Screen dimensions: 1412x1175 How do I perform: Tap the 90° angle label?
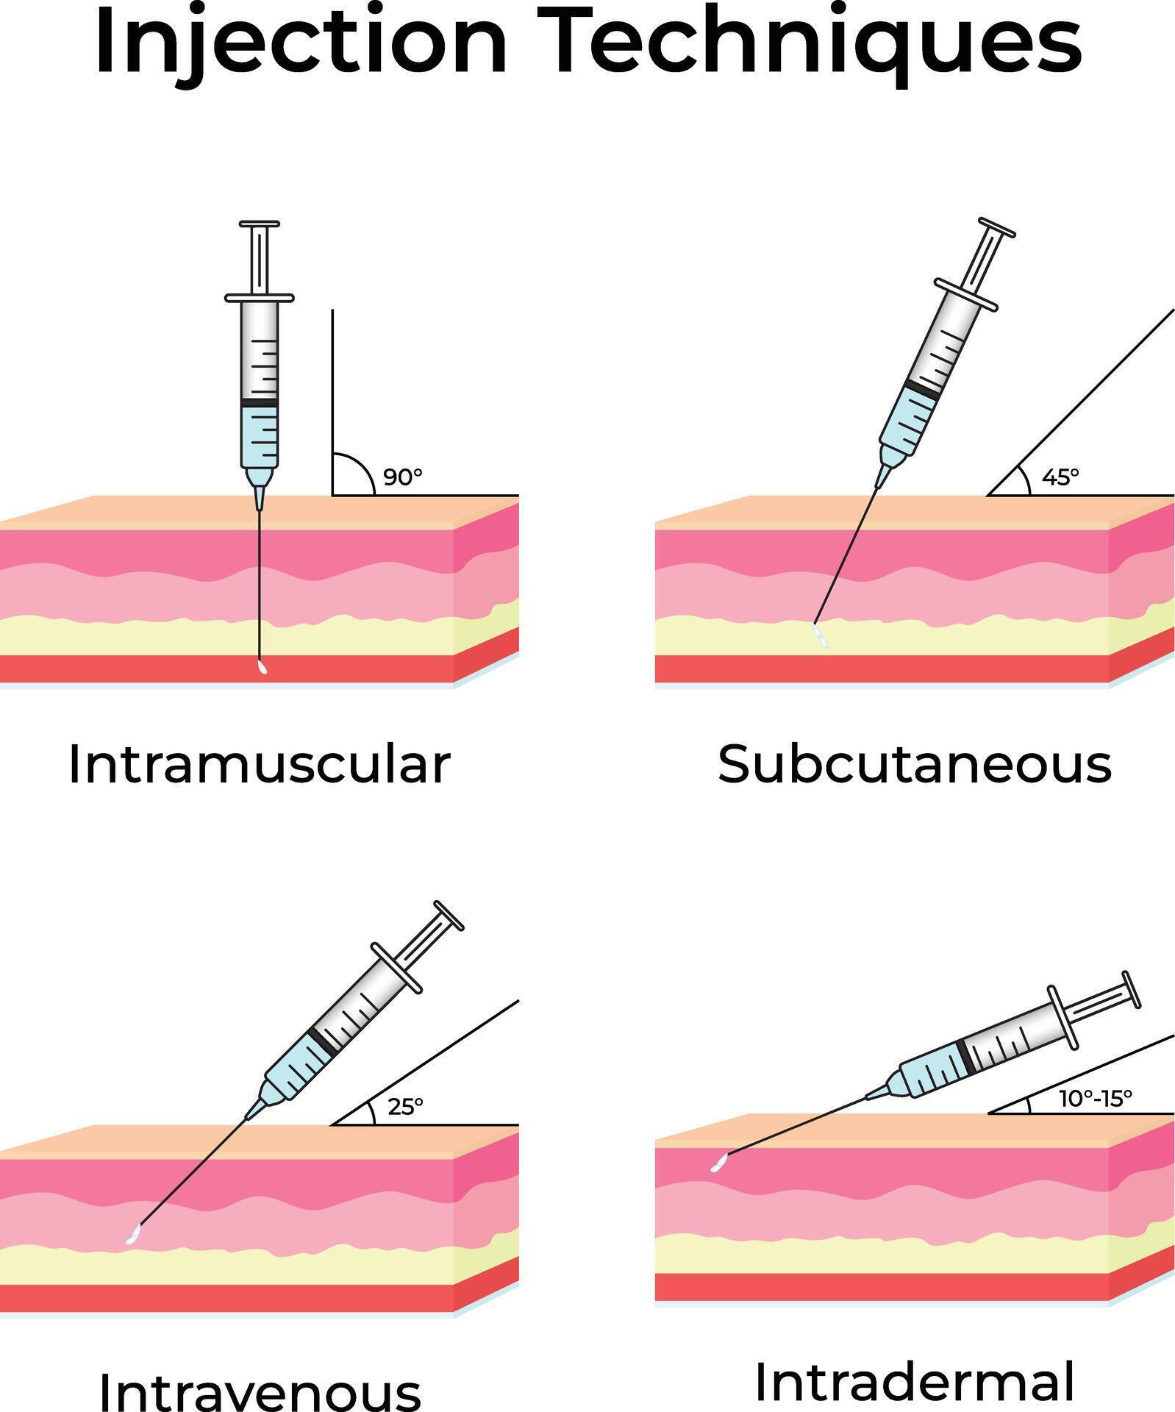403,477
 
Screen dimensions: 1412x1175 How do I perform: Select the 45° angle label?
1060,477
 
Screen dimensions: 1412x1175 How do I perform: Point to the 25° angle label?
405,1107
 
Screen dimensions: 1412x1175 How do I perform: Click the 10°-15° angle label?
1095,1099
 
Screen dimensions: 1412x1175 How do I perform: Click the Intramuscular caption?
259,765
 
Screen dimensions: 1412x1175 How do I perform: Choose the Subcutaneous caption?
914,765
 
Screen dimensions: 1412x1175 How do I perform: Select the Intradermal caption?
914,1381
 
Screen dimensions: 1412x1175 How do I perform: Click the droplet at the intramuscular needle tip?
262,668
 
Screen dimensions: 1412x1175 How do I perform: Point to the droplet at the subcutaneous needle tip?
820,636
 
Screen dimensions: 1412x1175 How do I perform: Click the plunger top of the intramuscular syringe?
260,224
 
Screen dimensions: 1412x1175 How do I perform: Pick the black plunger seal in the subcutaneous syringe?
923,390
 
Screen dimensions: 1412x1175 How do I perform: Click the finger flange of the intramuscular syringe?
260,298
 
